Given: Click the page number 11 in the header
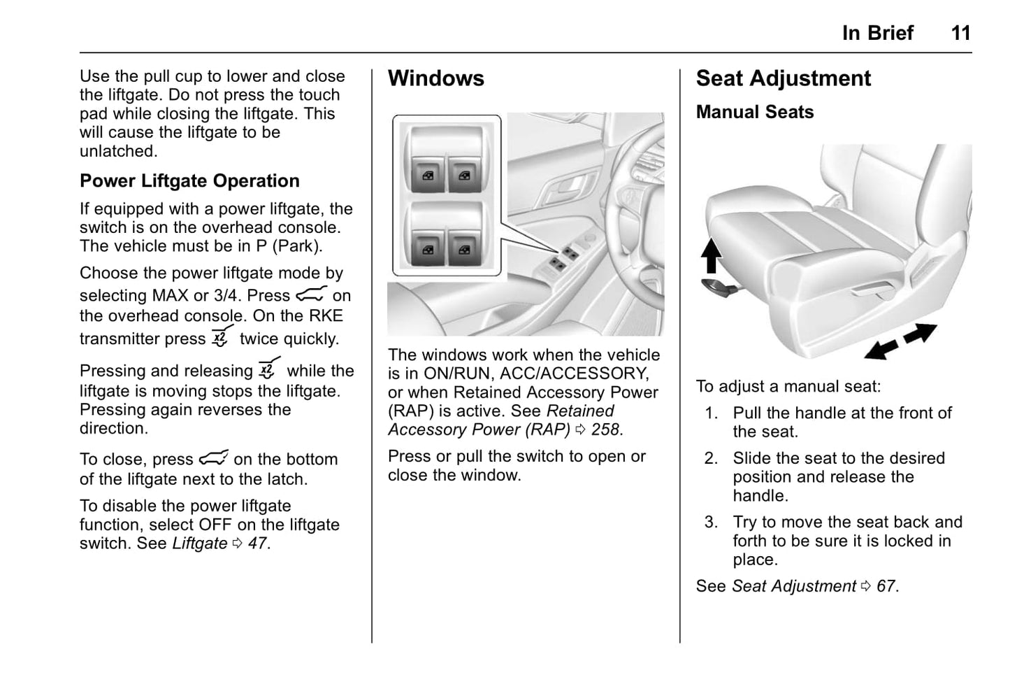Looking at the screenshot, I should [x=960, y=33].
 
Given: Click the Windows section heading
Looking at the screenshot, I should [x=435, y=78].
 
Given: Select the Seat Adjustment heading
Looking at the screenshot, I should [x=783, y=78].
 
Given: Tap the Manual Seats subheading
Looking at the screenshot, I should [x=754, y=112].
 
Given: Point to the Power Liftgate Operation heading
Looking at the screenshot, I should [x=189, y=180].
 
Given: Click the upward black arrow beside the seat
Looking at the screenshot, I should [x=711, y=255].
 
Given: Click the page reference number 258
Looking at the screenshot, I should [x=605, y=429].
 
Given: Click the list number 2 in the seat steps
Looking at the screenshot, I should [x=711, y=458].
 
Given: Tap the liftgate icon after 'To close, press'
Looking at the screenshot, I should [x=213, y=459].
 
